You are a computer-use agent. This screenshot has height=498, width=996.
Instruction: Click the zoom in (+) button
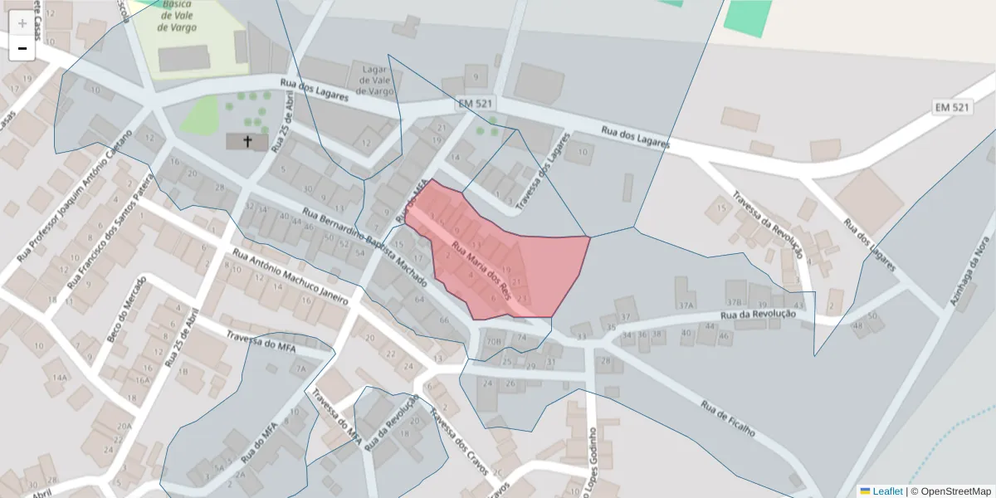tap(22, 23)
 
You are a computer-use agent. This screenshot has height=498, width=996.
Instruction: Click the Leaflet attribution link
tap(887, 491)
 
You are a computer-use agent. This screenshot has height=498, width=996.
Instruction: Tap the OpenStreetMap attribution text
tap(955, 491)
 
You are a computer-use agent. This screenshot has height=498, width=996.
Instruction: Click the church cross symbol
tap(247, 142)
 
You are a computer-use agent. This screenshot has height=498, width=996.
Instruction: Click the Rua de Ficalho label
tap(728, 419)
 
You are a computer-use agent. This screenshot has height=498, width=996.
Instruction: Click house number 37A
tap(685, 305)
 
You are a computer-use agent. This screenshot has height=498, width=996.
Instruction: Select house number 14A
tap(59, 378)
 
